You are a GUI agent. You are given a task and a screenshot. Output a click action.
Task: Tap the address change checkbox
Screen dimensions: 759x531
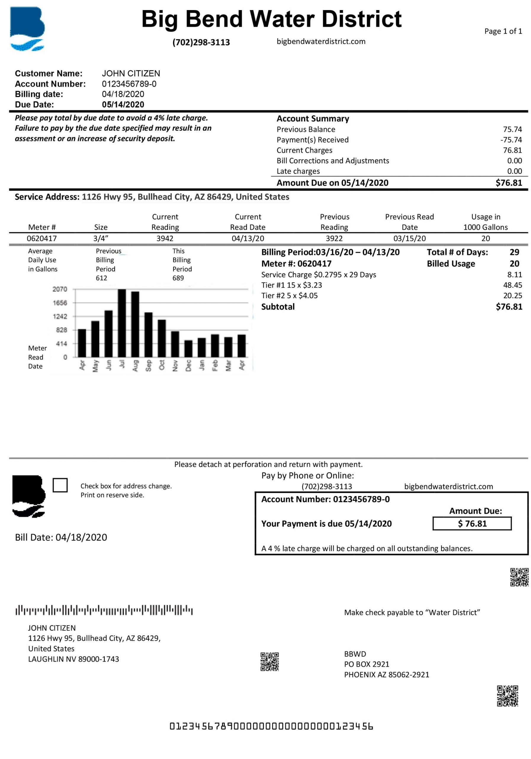(60, 485)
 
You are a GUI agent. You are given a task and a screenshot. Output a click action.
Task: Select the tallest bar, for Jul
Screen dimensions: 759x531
(122, 323)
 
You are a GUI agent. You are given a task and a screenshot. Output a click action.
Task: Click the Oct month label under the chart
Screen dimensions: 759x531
(162, 365)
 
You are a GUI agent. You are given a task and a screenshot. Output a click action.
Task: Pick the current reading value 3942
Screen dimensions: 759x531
(165, 238)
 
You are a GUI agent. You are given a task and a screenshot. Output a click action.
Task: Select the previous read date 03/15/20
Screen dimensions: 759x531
(410, 238)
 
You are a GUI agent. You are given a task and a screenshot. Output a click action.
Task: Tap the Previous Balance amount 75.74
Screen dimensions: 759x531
(512, 129)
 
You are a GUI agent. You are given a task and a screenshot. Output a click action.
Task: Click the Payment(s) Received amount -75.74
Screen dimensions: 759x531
(511, 140)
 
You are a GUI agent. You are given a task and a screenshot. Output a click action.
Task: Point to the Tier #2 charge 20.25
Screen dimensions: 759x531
(512, 296)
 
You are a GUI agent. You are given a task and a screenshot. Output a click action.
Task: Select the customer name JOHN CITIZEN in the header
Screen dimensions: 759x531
(131, 74)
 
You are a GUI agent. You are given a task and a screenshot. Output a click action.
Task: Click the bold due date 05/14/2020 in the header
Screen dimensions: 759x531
(123, 104)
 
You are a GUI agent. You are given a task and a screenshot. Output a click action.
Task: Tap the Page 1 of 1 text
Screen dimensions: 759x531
(503, 31)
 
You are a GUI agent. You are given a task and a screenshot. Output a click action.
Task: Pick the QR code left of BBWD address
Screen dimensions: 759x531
(269, 661)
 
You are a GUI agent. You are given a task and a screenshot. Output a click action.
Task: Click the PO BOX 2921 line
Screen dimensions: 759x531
(367, 664)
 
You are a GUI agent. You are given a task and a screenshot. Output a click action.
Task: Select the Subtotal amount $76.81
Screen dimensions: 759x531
(509, 307)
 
